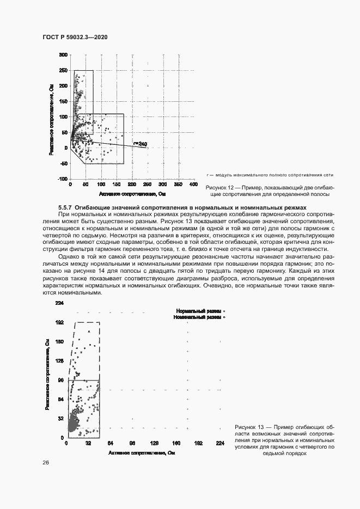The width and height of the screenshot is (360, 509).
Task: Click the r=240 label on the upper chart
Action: [140, 144]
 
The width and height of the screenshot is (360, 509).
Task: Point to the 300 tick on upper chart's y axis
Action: [63, 55]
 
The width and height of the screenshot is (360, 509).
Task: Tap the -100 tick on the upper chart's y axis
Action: [62, 179]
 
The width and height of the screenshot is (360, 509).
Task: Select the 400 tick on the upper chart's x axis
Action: [193, 185]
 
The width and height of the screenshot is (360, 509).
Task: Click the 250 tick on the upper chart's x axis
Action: [147, 185]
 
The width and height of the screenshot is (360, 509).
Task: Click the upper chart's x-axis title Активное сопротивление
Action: [132, 194]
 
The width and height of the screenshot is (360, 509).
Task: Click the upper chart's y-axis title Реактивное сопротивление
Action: [51, 118]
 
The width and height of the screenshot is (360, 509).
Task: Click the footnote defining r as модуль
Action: [271, 174]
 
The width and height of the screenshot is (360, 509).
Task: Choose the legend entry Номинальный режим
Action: [197, 316]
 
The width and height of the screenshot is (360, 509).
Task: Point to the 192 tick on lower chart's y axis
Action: [60, 322]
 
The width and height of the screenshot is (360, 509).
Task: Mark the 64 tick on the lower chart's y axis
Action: [61, 399]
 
